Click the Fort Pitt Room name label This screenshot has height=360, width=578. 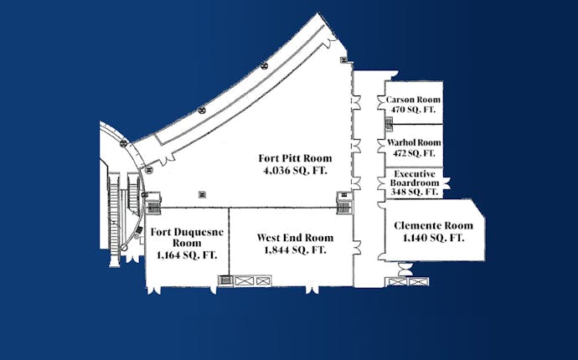(x=295, y=158)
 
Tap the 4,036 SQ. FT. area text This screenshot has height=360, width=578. (x=295, y=171)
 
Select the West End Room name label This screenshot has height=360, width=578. (x=295, y=238)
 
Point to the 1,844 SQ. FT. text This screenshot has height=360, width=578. (x=295, y=249)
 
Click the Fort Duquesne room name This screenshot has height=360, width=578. (x=187, y=238)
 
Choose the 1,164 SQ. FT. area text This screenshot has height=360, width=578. (x=187, y=255)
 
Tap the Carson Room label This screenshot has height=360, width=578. (x=413, y=100)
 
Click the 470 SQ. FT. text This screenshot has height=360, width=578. (x=414, y=110)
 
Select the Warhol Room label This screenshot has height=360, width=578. (x=414, y=142)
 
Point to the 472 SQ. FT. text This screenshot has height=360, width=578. (x=414, y=153)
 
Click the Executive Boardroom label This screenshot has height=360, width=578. (x=415, y=178)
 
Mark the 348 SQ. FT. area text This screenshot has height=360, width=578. (x=415, y=192)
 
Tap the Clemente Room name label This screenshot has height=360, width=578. (x=433, y=225)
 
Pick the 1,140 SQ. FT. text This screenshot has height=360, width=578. (x=433, y=238)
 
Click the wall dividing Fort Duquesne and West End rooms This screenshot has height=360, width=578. (x=229, y=242)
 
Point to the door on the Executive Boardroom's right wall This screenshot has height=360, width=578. (x=446, y=183)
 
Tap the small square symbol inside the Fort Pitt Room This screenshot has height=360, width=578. (x=202, y=194)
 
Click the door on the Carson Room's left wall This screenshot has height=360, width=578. (x=381, y=102)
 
